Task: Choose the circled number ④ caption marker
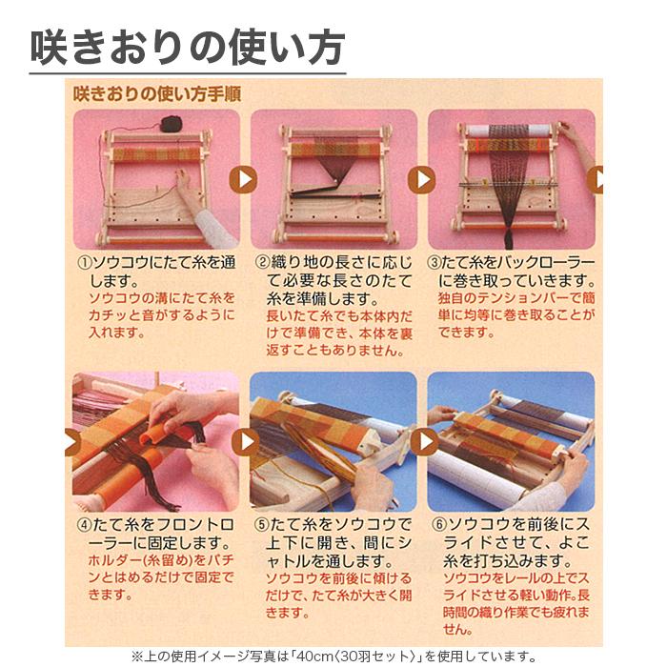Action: point(84,525)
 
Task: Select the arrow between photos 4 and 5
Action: point(245,441)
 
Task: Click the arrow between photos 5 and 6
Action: point(422,441)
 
